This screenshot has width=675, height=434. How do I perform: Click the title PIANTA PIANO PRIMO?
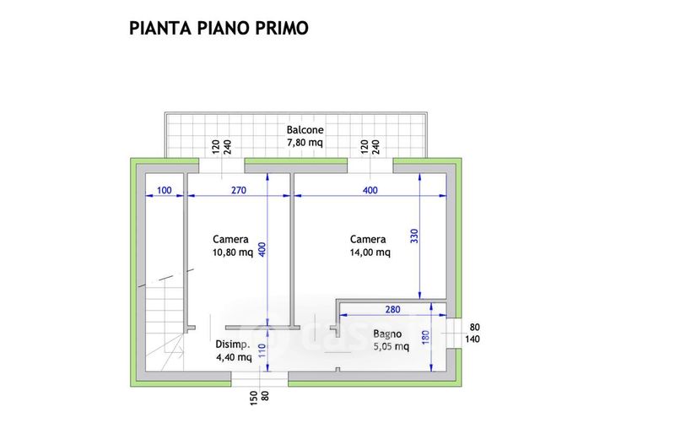(x=219, y=28)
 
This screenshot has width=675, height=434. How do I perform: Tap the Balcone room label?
(x=305, y=130)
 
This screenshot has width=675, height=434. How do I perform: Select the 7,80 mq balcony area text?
(x=305, y=143)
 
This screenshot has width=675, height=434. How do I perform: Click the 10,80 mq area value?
(x=233, y=252)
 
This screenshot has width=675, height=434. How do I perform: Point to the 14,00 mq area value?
(x=370, y=252)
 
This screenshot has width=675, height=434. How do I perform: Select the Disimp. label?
(x=232, y=344)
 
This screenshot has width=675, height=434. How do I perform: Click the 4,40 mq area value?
(x=233, y=356)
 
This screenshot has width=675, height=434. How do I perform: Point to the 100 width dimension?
(x=164, y=191)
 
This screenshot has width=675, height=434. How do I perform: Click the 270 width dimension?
(x=238, y=191)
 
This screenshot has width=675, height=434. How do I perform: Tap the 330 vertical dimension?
(x=413, y=236)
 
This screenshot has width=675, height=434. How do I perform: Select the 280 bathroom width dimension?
(x=391, y=309)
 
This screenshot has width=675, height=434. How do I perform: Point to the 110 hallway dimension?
(x=261, y=348)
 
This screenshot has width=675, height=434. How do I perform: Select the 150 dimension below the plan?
(x=252, y=395)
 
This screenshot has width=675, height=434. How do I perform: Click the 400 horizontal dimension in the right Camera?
(x=370, y=191)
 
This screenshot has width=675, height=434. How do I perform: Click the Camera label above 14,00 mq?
(x=369, y=239)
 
